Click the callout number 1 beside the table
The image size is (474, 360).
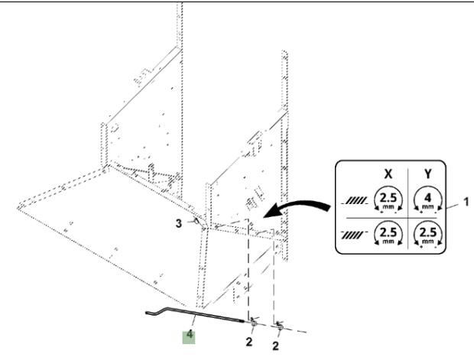coord(466,202)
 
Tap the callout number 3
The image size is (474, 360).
coord(179,224)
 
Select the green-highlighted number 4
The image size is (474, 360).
coord(190,335)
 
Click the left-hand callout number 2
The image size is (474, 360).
coord(248,342)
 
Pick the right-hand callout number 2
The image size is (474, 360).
coord(275,345)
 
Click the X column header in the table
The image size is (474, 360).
coord(388,174)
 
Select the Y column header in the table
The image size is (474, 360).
coord(427,174)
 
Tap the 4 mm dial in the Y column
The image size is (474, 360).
coord(427,200)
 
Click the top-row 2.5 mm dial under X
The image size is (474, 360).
coord(388,200)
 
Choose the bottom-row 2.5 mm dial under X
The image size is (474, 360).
coord(388,235)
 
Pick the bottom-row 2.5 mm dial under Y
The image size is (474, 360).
coord(427,235)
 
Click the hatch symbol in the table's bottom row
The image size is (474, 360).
coord(354,235)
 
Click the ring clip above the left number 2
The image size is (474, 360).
coord(253,323)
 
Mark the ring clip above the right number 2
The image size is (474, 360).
coord(280,326)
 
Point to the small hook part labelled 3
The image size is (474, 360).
coord(197,221)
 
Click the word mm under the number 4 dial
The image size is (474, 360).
coord(427,207)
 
